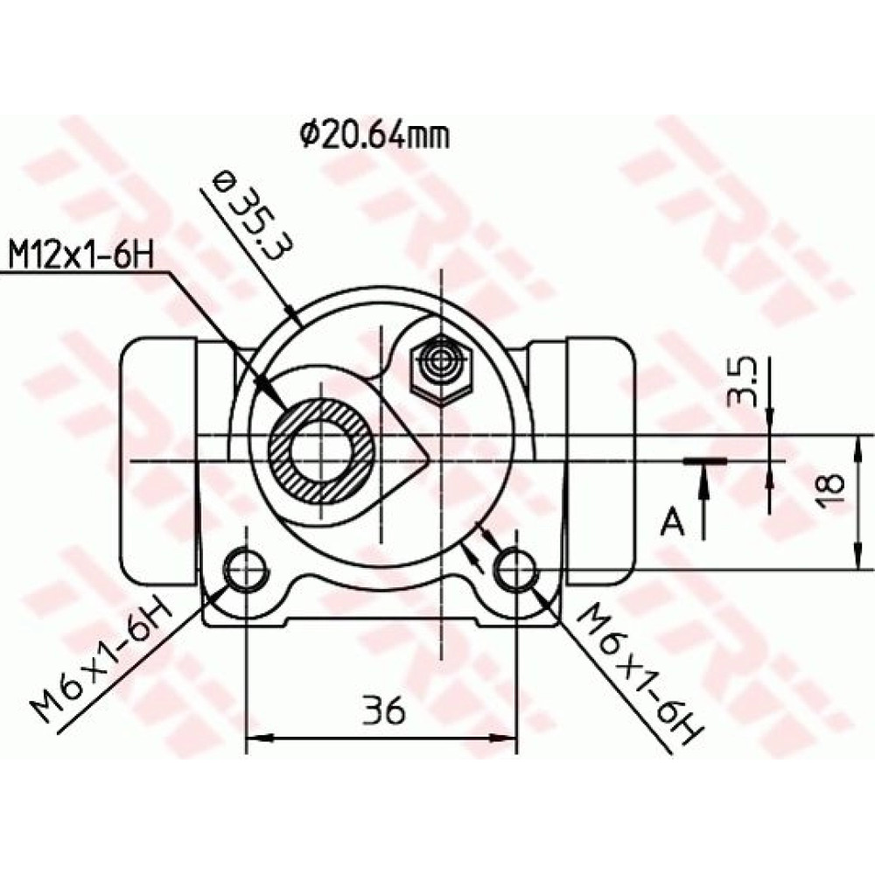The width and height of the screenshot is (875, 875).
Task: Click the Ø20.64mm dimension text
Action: point(374,136)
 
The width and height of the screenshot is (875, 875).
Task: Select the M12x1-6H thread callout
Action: point(81,256)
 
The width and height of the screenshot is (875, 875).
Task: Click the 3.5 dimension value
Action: point(742,384)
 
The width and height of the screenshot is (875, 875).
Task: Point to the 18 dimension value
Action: point(829,491)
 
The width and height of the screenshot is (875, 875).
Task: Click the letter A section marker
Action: point(672,522)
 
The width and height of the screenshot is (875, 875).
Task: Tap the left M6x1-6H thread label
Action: point(101,658)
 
